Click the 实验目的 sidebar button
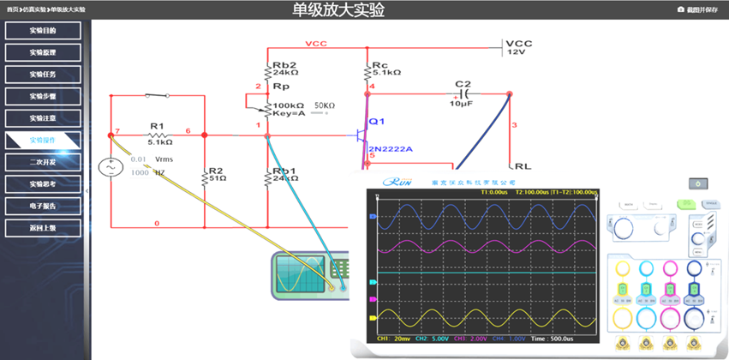click(x=43, y=31)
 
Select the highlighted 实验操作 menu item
click(x=43, y=139)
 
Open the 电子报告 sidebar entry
click(x=43, y=206)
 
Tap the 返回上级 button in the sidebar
click(x=43, y=228)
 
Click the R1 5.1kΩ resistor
click(x=156, y=135)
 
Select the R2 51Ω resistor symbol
click(x=205, y=177)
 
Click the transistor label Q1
click(x=377, y=122)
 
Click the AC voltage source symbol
click(x=111, y=167)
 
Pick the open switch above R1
click(x=156, y=94)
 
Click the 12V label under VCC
click(x=516, y=52)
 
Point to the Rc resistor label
click(x=379, y=65)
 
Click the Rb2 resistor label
click(x=284, y=65)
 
